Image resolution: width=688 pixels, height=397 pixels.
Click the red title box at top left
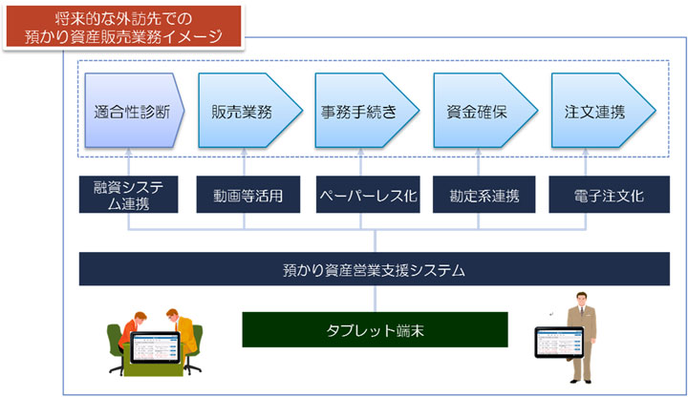click(x=122, y=26)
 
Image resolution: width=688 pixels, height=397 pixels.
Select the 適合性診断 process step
click(x=131, y=111)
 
